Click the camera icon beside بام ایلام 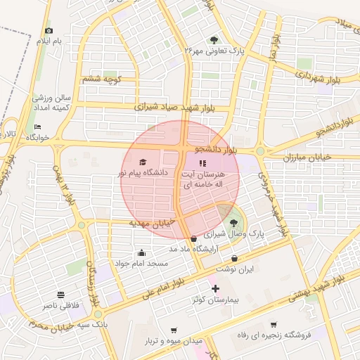click(49, 30)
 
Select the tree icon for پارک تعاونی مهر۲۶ click(214, 39)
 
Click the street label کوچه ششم click(103, 79)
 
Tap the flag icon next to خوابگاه click(38, 127)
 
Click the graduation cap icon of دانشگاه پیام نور click(144, 162)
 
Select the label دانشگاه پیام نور click(143, 173)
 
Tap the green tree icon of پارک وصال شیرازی click(233, 224)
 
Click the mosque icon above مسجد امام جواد click(142, 253)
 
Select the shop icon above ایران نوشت click(233, 258)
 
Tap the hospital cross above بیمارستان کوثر click(215, 288)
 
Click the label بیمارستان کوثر click(216, 300)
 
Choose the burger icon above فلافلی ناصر click(60, 295)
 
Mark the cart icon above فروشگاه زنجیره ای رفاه click(274, 325)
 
